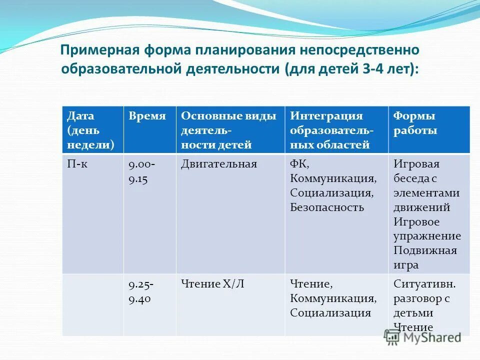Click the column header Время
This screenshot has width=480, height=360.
pyautogui.click(x=147, y=116)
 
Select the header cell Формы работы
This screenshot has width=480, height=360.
pyautogui.click(x=414, y=123)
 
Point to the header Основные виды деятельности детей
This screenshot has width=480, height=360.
pyautogui.click(x=228, y=130)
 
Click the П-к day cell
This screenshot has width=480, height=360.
pyautogui.click(x=78, y=164)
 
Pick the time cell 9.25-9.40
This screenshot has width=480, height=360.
pyautogui.click(x=141, y=292)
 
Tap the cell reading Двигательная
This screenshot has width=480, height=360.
pyautogui.click(x=218, y=164)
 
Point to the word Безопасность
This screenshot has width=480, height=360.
pyautogui.click(x=327, y=207)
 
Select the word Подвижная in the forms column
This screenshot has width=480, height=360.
pyautogui.click(x=425, y=251)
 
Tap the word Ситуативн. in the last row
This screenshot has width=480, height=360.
pyautogui.click(x=424, y=284)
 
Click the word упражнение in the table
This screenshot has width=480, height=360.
pyautogui.click(x=427, y=236)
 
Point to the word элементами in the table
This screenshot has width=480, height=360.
pyautogui.click(x=426, y=193)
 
